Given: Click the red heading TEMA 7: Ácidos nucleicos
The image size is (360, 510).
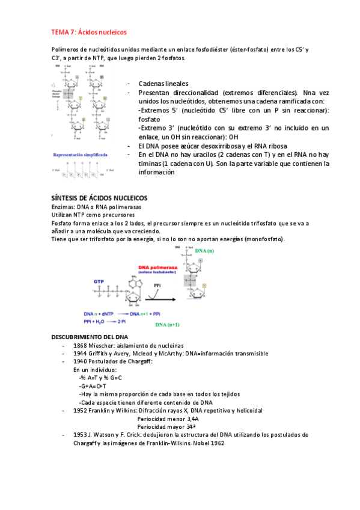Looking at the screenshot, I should click(88, 32).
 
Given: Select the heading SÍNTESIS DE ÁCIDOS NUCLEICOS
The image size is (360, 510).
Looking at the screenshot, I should click(100, 198).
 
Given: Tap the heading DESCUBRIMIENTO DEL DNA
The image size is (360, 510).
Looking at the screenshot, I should click(89, 337).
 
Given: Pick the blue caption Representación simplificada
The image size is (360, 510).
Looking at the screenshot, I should click(80, 155).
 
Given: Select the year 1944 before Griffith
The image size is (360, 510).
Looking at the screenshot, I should click(81, 354).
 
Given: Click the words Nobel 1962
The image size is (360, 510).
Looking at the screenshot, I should click(208, 443).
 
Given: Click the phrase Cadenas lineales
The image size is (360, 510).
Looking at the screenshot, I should click(163, 84).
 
